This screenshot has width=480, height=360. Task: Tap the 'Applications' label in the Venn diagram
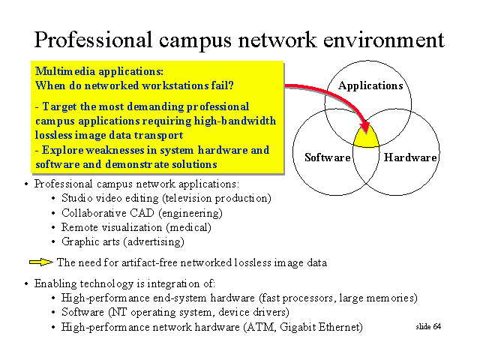click(x=370, y=85)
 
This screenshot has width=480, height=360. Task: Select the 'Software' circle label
click(x=328, y=157)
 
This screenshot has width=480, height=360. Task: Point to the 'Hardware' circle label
click(x=410, y=157)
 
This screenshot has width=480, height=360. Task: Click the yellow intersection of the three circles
click(x=367, y=140)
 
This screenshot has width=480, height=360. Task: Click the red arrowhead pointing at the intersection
click(x=365, y=128)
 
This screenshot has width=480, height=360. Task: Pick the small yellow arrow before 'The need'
click(x=41, y=262)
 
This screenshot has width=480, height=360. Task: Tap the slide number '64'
click(x=436, y=327)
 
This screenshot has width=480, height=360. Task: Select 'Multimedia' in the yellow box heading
click(x=65, y=71)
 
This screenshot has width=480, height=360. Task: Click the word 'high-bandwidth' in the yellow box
click(x=235, y=121)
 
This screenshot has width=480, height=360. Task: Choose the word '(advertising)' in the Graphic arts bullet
click(x=154, y=241)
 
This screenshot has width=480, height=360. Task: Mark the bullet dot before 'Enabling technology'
click(x=26, y=283)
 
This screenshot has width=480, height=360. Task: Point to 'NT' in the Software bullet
click(x=118, y=312)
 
